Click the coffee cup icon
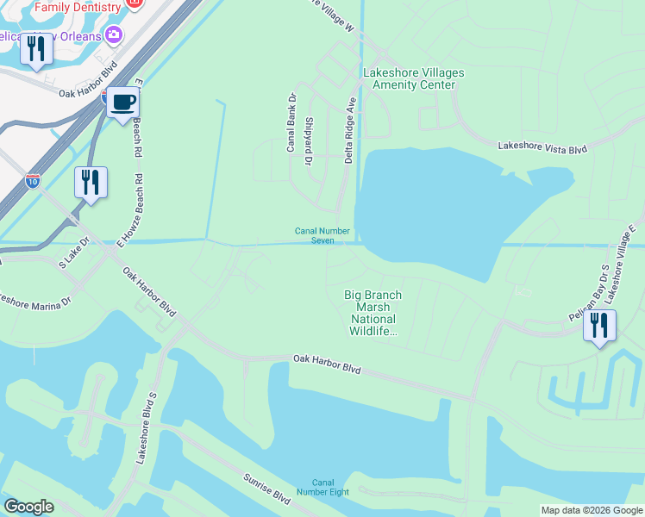[123, 103]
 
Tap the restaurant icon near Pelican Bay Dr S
[599, 326]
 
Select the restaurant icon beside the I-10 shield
[91, 183]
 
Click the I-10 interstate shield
[32, 181]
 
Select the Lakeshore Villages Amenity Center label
[413, 79]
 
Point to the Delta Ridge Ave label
[350, 130]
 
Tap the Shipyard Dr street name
[308, 141]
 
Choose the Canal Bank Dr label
[291, 122]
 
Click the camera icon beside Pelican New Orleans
[113, 35]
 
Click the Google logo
[28, 507]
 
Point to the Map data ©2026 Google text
[591, 510]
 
